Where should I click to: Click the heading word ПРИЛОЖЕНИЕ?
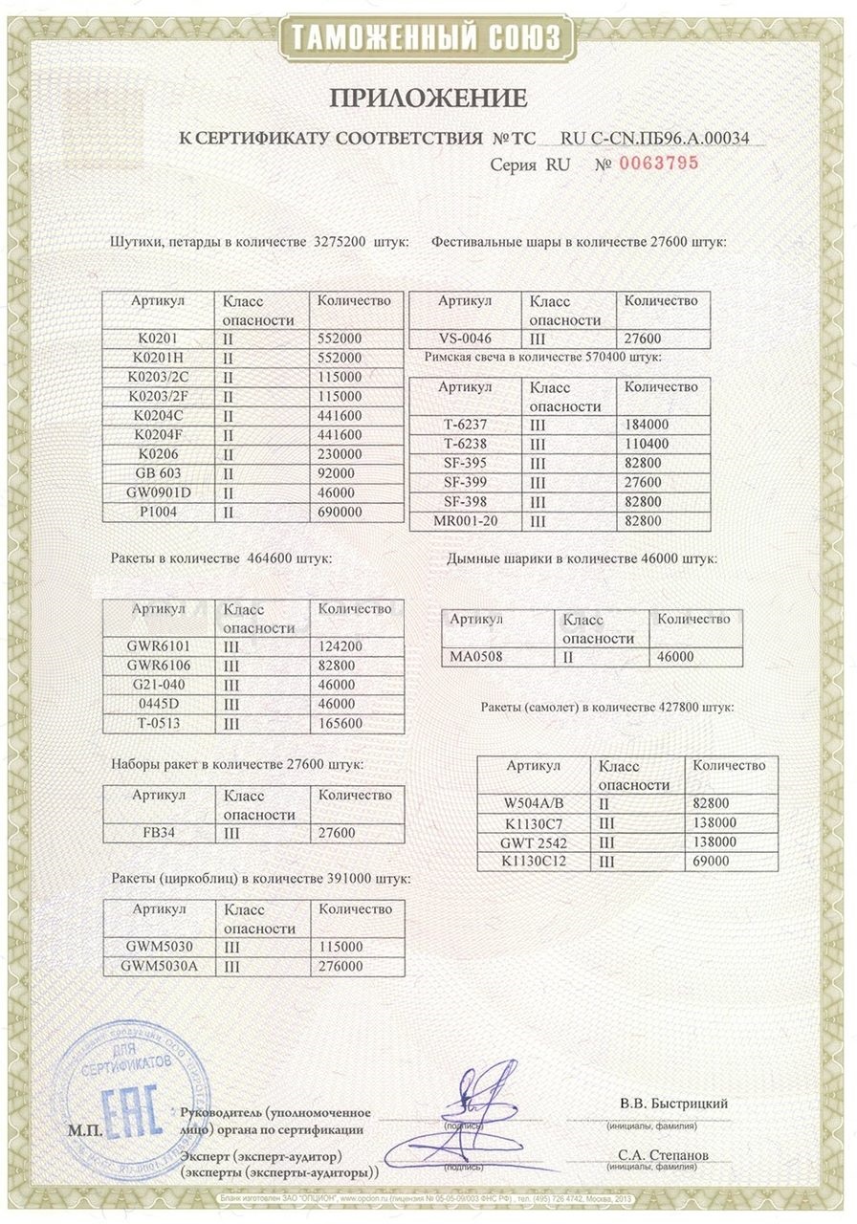click(x=428, y=98)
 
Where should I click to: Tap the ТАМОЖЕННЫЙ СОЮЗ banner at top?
click(x=428, y=38)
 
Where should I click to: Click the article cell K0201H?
click(x=158, y=357)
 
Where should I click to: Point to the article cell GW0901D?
click(x=158, y=492)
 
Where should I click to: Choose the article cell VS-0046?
click(x=464, y=339)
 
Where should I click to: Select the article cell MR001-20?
click(x=464, y=522)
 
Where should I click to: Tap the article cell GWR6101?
click(x=160, y=646)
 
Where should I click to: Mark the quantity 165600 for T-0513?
click(x=340, y=723)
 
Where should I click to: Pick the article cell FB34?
click(x=159, y=833)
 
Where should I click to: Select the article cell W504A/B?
click(x=534, y=803)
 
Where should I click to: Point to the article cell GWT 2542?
click(x=534, y=842)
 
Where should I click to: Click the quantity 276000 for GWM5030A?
click(x=340, y=967)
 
